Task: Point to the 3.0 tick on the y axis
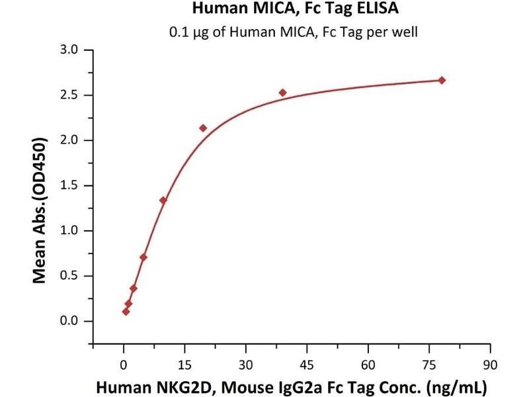[x=69, y=50]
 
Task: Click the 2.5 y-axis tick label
[x=69, y=95]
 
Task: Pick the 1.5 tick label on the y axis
[x=69, y=186]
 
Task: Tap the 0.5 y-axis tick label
[x=69, y=276]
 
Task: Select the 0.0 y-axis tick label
[x=69, y=322]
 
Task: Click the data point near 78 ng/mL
[x=442, y=80]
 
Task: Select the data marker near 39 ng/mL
[x=282, y=93]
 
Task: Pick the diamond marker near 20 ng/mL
[x=203, y=128]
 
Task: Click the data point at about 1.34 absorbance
[x=163, y=200]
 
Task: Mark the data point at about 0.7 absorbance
[x=143, y=257]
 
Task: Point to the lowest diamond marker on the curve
[x=126, y=311]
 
